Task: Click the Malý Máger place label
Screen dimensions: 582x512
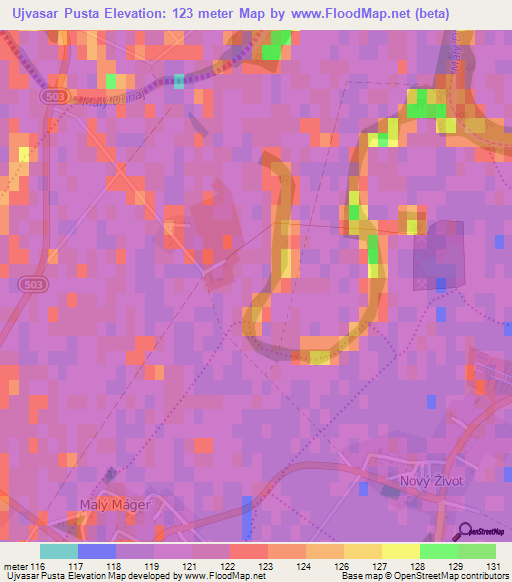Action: click(114, 504)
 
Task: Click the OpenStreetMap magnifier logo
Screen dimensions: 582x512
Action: click(465, 530)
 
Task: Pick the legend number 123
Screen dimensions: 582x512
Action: click(267, 566)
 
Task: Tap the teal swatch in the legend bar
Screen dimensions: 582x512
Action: click(59, 551)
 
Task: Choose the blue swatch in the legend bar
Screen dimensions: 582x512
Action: click(97, 551)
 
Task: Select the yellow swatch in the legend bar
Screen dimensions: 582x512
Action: click(401, 551)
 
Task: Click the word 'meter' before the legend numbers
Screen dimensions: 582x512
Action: click(16, 566)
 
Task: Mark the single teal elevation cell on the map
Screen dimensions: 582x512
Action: click(179, 81)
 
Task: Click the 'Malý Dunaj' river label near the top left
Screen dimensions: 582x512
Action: click(100, 100)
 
